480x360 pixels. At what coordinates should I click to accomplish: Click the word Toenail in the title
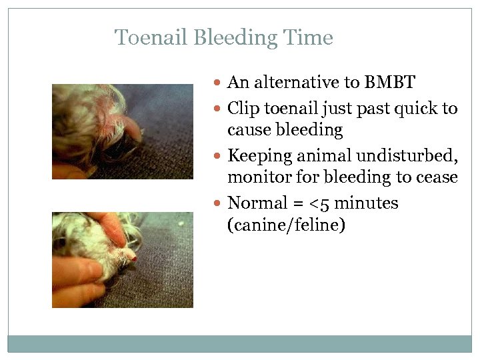[x=151, y=37]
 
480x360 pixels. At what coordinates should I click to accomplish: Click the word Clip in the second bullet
[x=243, y=108]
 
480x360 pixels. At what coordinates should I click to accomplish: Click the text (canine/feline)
[x=286, y=225]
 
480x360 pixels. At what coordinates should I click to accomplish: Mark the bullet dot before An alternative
[x=220, y=83]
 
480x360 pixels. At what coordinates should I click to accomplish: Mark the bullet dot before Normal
[x=220, y=203]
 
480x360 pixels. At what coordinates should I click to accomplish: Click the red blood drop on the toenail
[x=134, y=258]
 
